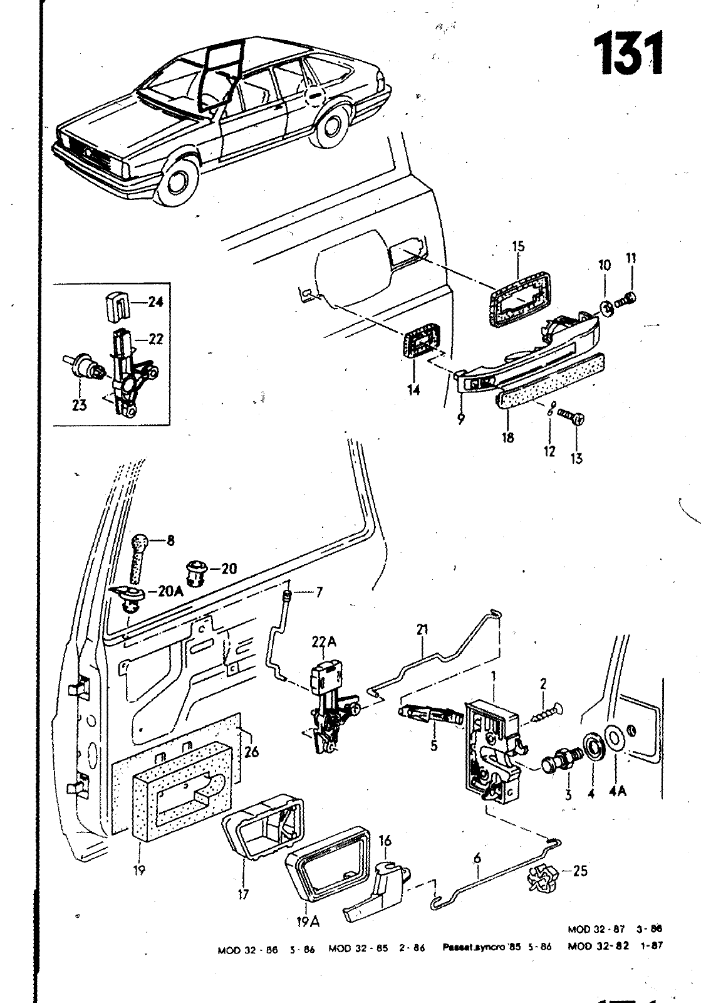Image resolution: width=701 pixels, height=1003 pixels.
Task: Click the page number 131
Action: click(626, 55)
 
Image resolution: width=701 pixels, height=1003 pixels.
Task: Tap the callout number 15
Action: click(517, 246)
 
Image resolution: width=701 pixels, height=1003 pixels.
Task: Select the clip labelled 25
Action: click(541, 876)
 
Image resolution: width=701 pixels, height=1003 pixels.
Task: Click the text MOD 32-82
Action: click(598, 947)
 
